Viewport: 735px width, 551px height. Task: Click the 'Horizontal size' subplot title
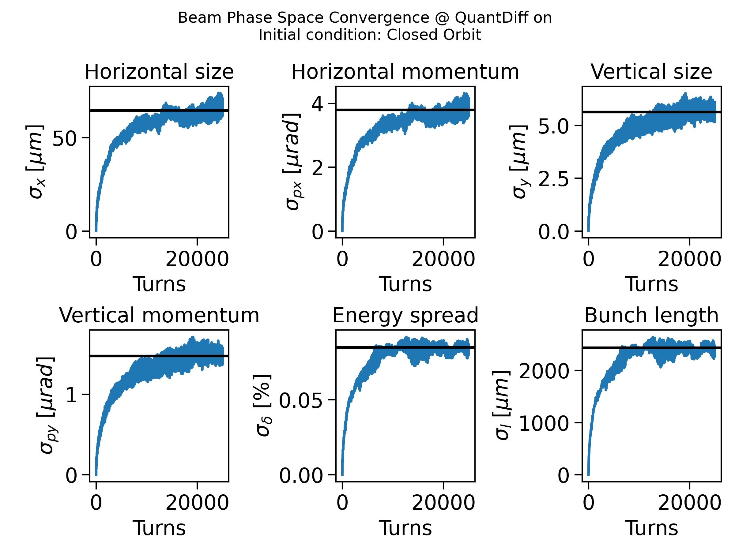[x=159, y=72]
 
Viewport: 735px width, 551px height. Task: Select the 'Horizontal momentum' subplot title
[x=405, y=72]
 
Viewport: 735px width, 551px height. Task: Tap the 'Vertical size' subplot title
[x=651, y=72]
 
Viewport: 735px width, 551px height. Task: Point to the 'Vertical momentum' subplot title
[x=159, y=315]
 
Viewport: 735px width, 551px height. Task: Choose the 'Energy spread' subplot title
[x=405, y=315]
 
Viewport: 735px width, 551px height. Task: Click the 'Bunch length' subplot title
[x=651, y=315]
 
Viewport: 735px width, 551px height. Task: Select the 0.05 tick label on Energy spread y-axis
[x=301, y=400]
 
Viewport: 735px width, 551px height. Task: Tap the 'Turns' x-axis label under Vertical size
[x=651, y=284]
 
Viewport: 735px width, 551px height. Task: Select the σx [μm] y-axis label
[x=35, y=162]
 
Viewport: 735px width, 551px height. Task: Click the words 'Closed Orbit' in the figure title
[x=434, y=35]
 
